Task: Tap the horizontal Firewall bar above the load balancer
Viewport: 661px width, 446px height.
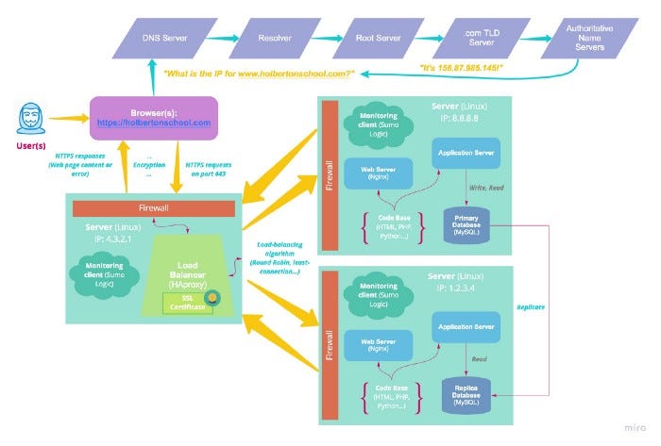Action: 152,207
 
